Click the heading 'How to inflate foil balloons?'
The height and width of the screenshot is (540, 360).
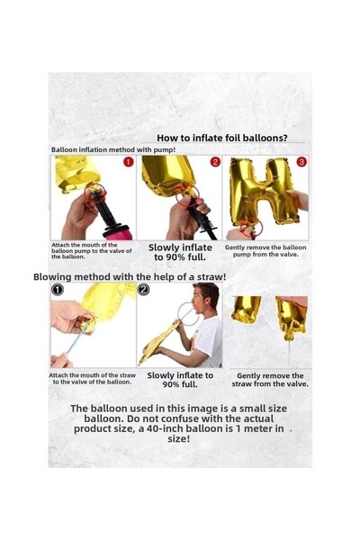(222, 138)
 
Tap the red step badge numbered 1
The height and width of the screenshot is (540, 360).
(129, 162)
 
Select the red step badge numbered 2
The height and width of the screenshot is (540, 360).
(215, 162)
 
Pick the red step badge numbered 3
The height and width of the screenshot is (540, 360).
(301, 161)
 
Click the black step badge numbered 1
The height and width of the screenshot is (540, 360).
(58, 290)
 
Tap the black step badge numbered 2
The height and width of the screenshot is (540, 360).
(143, 290)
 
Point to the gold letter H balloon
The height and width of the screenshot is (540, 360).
(263, 191)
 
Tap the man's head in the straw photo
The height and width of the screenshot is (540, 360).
(206, 298)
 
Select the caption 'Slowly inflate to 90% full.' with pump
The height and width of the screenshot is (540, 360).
(180, 252)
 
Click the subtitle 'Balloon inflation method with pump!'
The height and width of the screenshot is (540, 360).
(113, 149)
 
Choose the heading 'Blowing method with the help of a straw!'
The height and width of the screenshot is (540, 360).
(130, 277)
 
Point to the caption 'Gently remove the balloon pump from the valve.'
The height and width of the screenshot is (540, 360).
(265, 251)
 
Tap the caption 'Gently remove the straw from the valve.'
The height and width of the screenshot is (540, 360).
(270, 380)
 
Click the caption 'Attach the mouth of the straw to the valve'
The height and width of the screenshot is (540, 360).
(92, 379)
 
